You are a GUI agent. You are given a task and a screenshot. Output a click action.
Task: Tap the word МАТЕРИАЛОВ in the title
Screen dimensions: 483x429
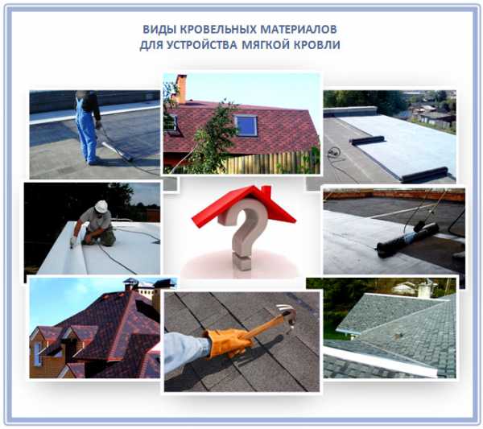click(299, 30)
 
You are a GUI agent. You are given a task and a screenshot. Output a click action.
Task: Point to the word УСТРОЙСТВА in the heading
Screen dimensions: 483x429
click(202, 45)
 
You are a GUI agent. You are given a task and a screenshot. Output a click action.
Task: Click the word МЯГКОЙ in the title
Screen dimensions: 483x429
click(265, 45)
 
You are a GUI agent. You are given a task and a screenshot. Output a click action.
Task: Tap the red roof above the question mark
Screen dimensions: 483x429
click(243, 204)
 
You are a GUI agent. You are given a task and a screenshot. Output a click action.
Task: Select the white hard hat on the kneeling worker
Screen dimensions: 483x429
click(101, 206)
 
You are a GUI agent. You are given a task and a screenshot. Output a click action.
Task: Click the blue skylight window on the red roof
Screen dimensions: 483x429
click(246, 126)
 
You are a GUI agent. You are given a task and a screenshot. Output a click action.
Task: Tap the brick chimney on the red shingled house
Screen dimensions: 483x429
click(181, 89)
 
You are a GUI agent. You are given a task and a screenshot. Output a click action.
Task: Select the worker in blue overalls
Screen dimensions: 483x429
click(88, 127)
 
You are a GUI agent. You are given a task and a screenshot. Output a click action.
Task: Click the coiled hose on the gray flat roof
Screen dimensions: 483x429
click(334, 152)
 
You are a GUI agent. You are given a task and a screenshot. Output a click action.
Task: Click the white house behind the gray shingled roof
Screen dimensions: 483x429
click(404, 288)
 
